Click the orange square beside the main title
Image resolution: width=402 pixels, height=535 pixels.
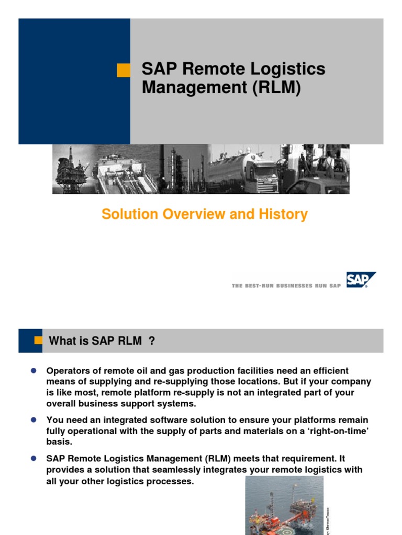124,70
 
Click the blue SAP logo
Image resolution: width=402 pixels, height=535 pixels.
361,280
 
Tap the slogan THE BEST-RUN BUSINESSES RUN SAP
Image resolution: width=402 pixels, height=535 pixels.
286,286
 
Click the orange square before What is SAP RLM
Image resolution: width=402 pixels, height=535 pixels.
38,340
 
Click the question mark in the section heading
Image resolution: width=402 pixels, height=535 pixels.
152,341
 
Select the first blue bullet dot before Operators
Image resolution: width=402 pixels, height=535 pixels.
32,370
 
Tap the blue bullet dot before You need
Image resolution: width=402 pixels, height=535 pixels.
32,420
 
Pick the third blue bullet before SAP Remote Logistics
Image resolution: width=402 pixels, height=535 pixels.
32,458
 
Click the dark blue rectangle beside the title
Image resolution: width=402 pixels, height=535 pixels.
74,82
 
